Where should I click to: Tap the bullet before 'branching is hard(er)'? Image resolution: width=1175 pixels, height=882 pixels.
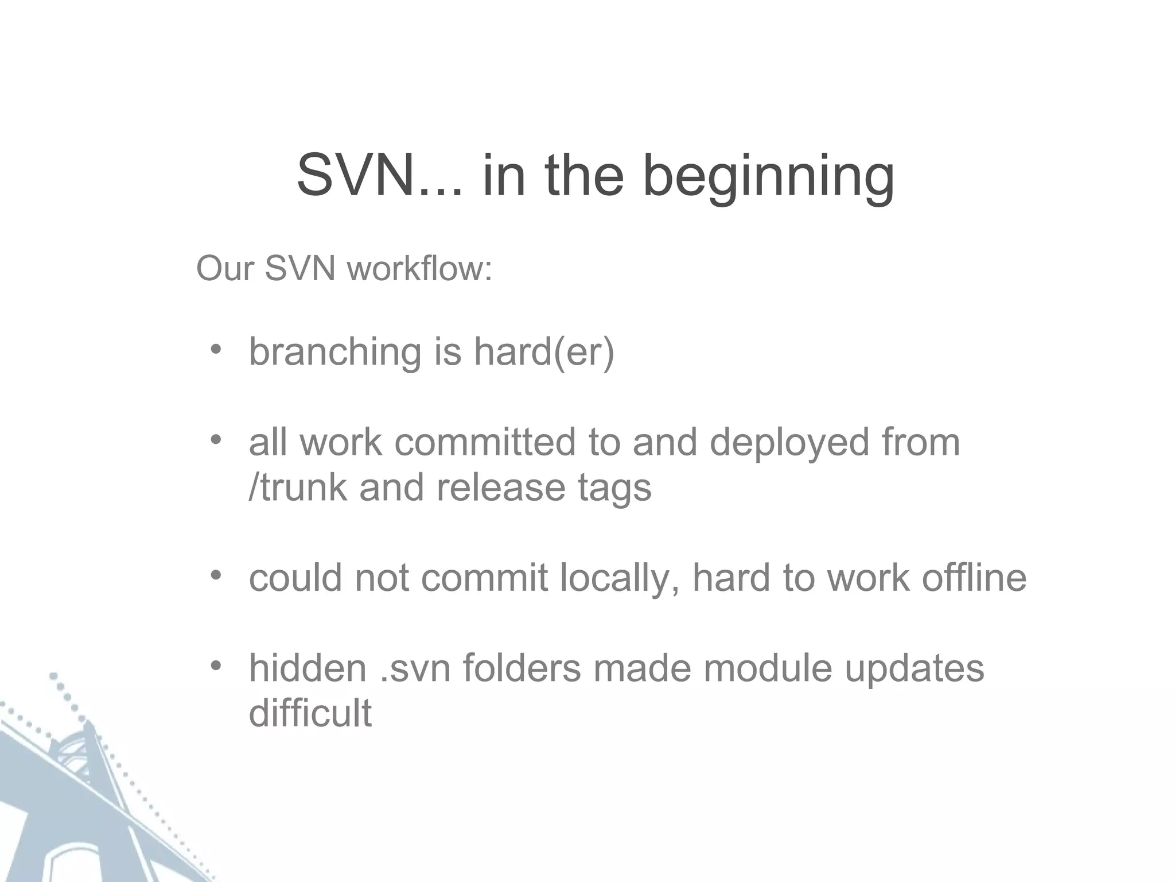(216, 349)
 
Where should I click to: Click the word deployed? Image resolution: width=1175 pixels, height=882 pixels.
(789, 443)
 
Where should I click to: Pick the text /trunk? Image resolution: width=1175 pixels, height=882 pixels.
(298, 487)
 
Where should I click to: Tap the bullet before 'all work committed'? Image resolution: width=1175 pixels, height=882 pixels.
(216, 440)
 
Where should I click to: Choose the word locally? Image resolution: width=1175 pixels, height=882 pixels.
(620, 578)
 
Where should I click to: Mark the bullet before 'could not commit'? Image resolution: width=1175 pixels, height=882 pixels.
(216, 575)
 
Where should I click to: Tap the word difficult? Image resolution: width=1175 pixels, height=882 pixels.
(310, 713)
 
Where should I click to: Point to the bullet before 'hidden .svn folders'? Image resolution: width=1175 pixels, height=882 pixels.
(216, 666)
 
